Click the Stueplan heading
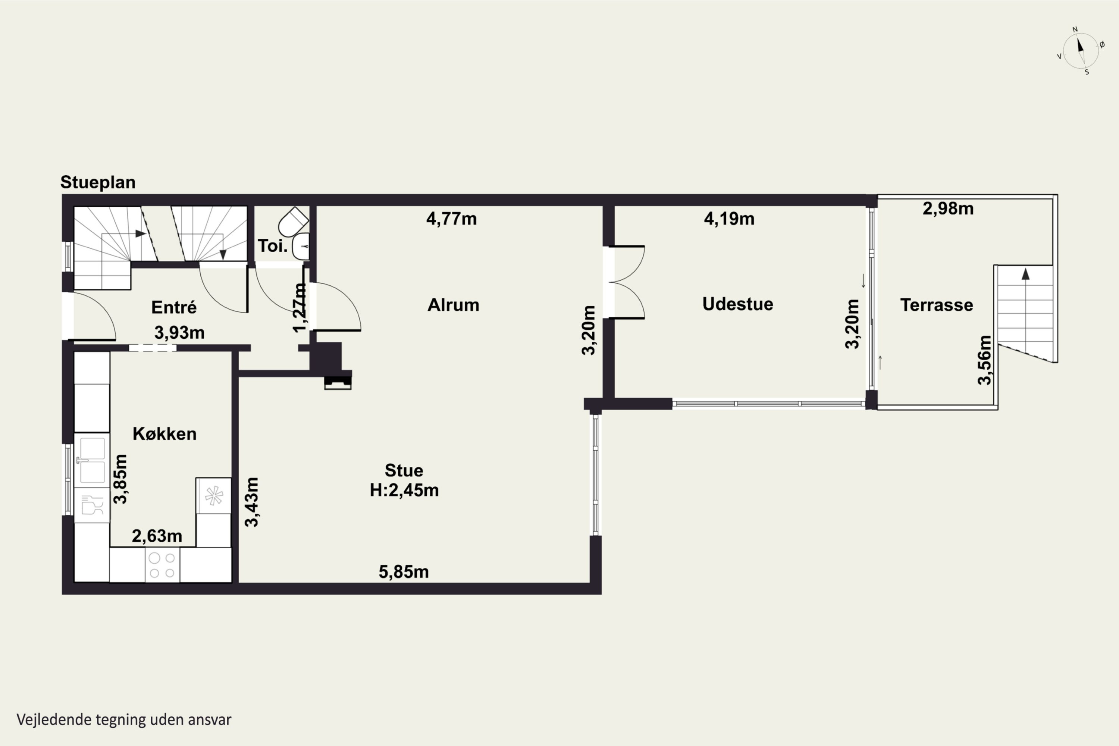coord(98,182)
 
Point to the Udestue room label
coord(738,304)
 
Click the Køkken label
coord(164,434)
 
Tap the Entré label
coord(174,307)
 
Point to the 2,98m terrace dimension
coord(948,209)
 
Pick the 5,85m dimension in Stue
coord(404,572)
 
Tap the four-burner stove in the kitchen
coord(162,565)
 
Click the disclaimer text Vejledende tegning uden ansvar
coord(124,720)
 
